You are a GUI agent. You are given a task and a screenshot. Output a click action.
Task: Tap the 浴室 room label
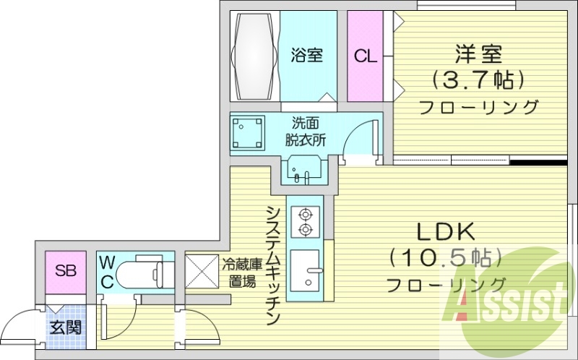click(307, 55)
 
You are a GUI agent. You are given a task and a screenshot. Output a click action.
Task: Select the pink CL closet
click(366, 56)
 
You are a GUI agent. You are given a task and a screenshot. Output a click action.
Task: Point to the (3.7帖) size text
click(478, 78)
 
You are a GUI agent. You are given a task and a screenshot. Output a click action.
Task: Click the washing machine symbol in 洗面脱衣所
click(249, 132)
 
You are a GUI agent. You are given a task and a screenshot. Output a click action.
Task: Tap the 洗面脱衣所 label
click(309, 131)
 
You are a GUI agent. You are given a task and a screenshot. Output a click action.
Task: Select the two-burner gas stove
click(305, 221)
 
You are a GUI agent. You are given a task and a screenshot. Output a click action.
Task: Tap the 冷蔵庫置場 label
click(239, 273)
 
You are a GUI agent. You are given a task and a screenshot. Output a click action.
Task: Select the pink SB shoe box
click(66, 272)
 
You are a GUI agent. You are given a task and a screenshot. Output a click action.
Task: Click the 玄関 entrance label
click(65, 326)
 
